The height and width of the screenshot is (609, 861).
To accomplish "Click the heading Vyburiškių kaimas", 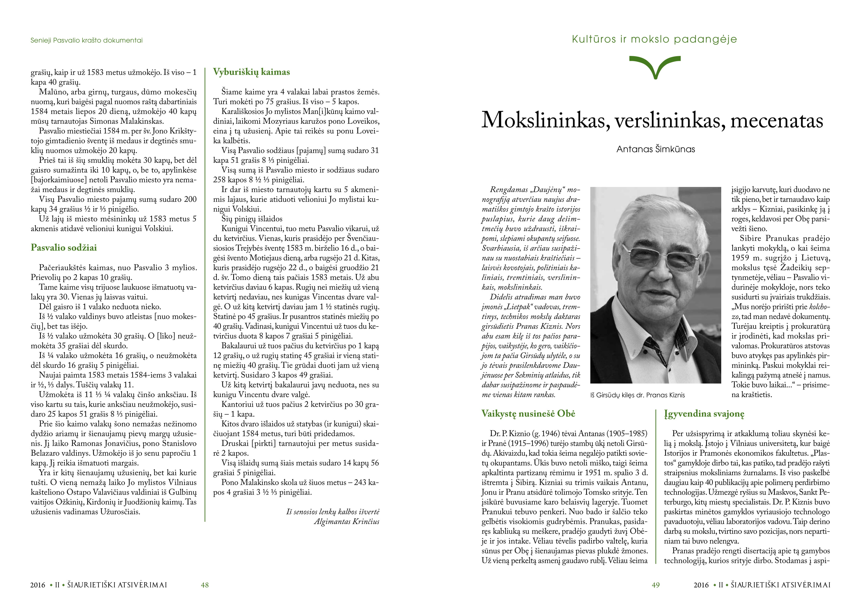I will pyautogui.click(x=251, y=72).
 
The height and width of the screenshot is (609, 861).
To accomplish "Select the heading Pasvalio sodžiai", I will pyautogui.click(x=64, y=248).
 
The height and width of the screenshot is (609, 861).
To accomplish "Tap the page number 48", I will pyautogui.click(x=205, y=585).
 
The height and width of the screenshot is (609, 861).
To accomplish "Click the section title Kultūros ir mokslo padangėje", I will pyautogui.click(x=654, y=39).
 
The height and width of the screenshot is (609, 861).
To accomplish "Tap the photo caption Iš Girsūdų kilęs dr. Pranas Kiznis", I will pyautogui.click(x=637, y=395).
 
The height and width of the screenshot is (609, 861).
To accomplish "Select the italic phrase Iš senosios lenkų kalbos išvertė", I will pyautogui.click(x=333, y=512).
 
